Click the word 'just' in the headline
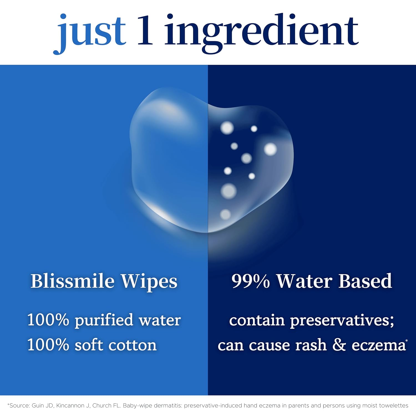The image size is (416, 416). (90, 32)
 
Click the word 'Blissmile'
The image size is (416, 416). (72, 281)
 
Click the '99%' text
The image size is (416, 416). (250, 281)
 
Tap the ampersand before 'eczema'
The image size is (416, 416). (339, 345)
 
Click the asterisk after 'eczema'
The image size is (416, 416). (407, 340)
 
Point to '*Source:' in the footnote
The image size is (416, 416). (19, 406)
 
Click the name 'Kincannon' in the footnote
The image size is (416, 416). (72, 406)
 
